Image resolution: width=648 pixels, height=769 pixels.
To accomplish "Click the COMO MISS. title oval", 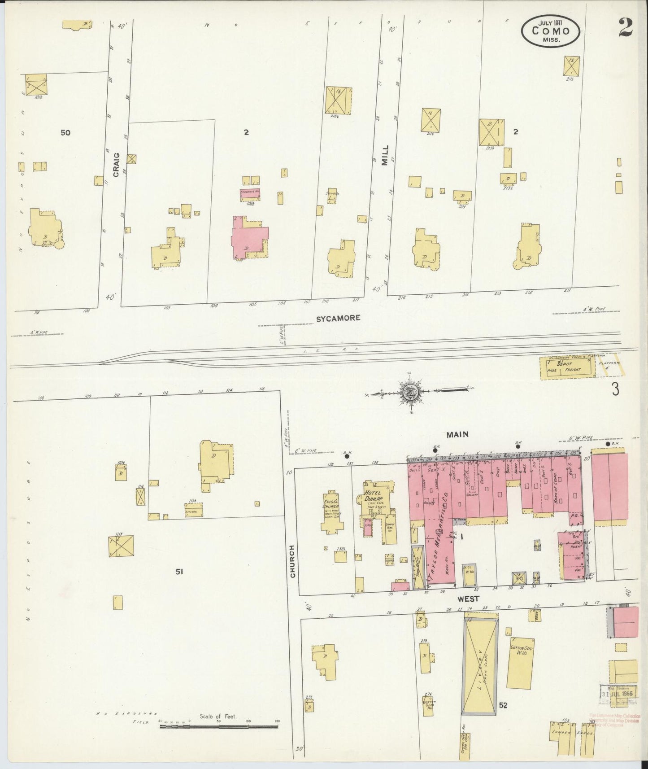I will click(x=551, y=31).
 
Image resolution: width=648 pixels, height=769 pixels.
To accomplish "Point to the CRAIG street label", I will click(x=117, y=165).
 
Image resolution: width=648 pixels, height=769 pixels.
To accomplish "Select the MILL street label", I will click(x=384, y=155).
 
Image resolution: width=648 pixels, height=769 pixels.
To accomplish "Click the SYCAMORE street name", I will click(x=339, y=318).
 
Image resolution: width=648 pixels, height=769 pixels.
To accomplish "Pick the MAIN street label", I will click(x=457, y=434).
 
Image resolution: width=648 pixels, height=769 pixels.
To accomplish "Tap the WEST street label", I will click(x=469, y=599).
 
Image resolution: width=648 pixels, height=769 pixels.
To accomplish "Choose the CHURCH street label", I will click(x=293, y=561).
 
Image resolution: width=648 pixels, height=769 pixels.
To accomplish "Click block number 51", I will click(x=180, y=572).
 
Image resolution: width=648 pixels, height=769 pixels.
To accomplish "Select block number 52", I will click(x=503, y=706).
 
